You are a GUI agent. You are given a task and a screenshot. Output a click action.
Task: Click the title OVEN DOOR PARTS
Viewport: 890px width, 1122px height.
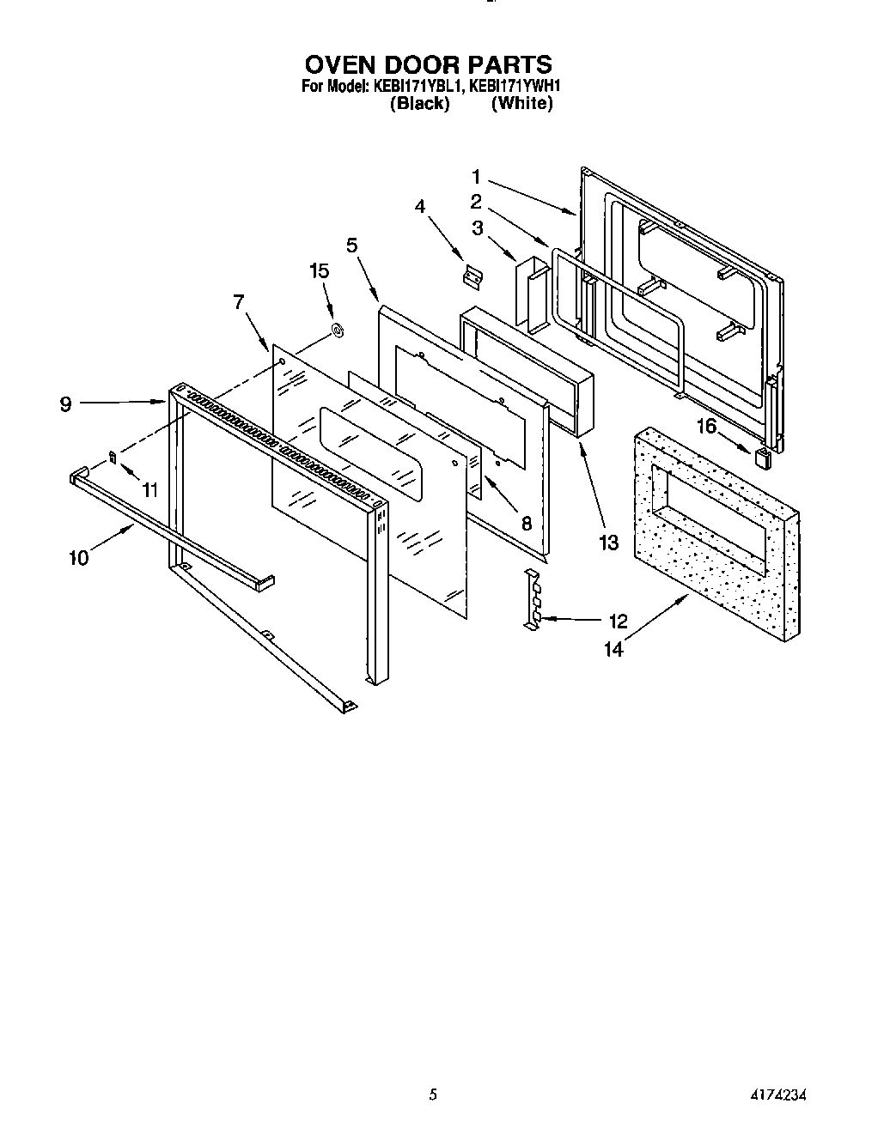[x=427, y=64]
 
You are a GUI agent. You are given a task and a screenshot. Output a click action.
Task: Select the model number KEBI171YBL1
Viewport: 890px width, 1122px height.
[x=417, y=86]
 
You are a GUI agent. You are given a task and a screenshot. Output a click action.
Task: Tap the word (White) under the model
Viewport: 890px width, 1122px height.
[x=521, y=104]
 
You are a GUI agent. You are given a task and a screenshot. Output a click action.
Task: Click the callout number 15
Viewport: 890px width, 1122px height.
[x=319, y=271]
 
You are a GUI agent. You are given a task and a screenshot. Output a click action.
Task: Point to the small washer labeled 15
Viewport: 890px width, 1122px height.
[x=338, y=330]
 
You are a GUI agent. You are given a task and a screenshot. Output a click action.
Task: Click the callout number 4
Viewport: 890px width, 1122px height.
[x=420, y=206]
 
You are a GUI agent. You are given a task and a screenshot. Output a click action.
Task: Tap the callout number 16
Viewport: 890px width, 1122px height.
[x=705, y=426]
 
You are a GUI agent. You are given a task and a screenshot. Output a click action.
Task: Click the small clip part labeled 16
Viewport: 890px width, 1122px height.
[x=762, y=457]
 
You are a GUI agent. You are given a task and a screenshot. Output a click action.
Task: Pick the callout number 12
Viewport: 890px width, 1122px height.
[x=618, y=621]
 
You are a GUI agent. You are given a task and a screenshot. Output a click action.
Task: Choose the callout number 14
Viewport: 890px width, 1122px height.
[x=613, y=650]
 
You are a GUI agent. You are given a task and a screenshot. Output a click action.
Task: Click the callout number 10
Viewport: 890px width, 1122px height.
[x=78, y=558]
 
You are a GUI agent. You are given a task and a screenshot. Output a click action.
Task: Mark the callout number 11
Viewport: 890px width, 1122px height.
[x=150, y=491]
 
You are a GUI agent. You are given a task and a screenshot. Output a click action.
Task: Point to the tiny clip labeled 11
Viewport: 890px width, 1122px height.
[x=113, y=458]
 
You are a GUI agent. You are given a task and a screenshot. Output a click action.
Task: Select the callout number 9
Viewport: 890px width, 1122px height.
[x=66, y=404]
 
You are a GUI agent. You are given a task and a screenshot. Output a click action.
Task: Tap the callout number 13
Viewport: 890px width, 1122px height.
[x=608, y=543]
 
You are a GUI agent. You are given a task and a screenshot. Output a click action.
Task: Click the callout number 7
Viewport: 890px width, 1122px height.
[x=239, y=301]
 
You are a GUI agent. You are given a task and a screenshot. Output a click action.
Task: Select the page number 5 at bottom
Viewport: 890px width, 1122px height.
[x=434, y=1095]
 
